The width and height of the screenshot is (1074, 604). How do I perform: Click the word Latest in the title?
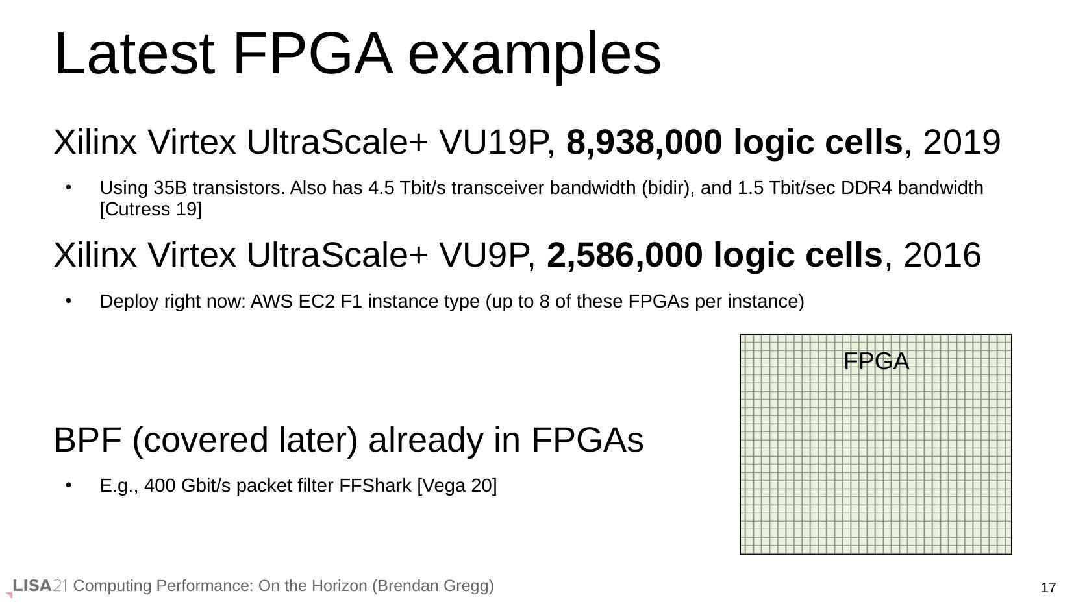134,54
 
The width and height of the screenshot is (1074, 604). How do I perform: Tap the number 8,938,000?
644,142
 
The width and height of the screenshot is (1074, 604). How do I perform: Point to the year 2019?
962,142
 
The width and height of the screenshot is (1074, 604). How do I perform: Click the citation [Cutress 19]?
151,210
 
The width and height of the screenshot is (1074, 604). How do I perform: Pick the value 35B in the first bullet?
169,187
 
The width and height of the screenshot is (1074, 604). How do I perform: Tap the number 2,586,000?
624,256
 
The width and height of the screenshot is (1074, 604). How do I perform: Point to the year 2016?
942,256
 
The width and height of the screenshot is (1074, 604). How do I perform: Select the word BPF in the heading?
87,440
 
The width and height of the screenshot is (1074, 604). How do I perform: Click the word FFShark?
375,486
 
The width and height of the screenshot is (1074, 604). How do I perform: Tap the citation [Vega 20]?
457,486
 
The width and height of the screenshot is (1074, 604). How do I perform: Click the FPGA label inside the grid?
876,361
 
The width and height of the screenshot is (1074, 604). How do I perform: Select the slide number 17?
1048,588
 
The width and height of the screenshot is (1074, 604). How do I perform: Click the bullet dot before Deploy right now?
69,301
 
